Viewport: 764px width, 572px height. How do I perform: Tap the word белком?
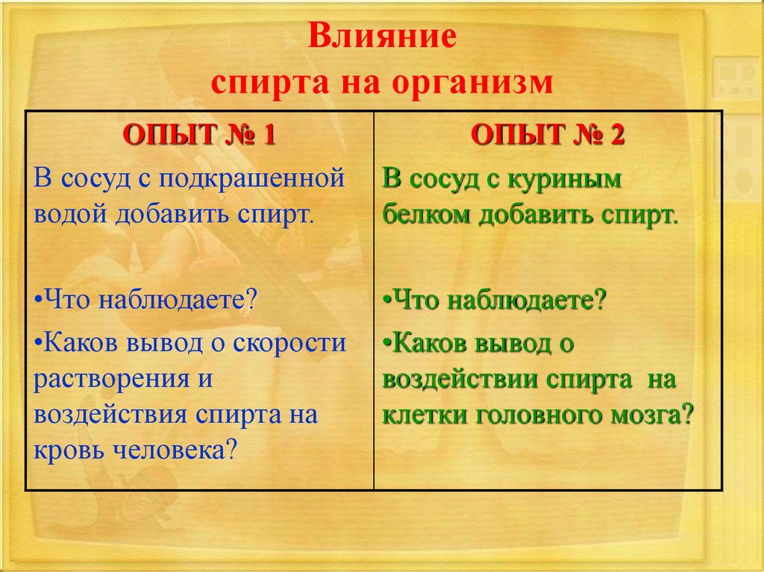(427, 214)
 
